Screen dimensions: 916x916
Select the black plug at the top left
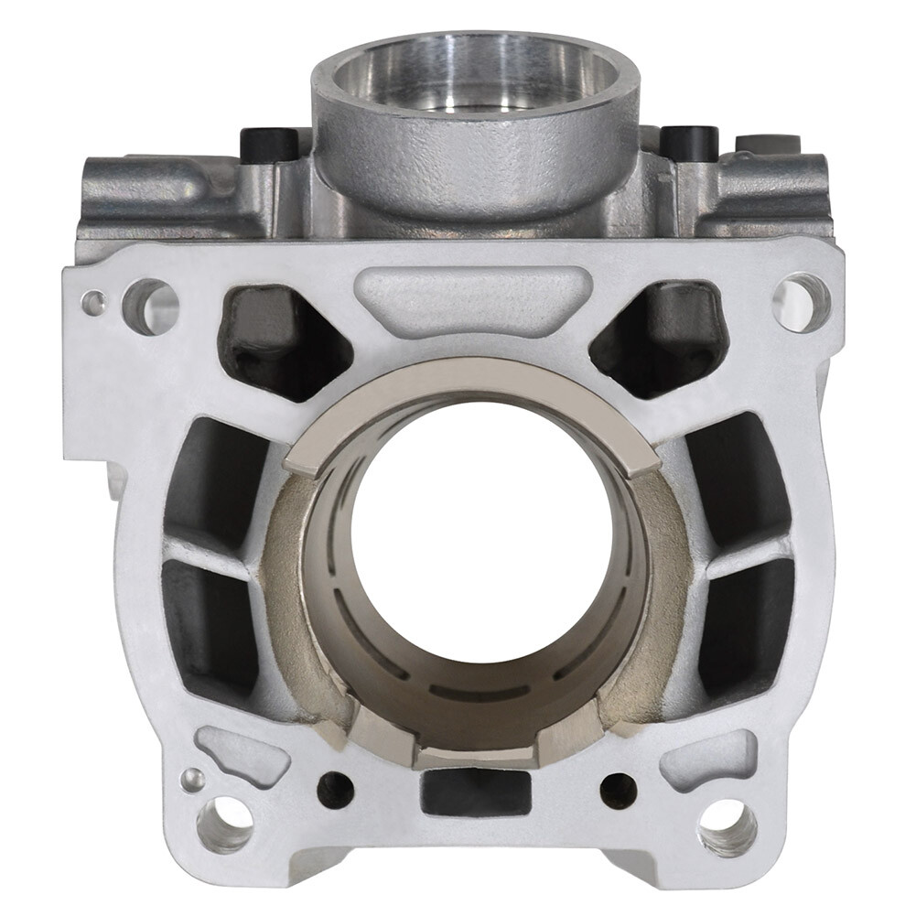tap(268, 142)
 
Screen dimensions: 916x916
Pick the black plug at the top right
tap(689, 140)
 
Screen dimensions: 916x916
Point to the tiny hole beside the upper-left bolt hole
tap(94, 302)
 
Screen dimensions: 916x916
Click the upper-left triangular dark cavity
tap(275, 339)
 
